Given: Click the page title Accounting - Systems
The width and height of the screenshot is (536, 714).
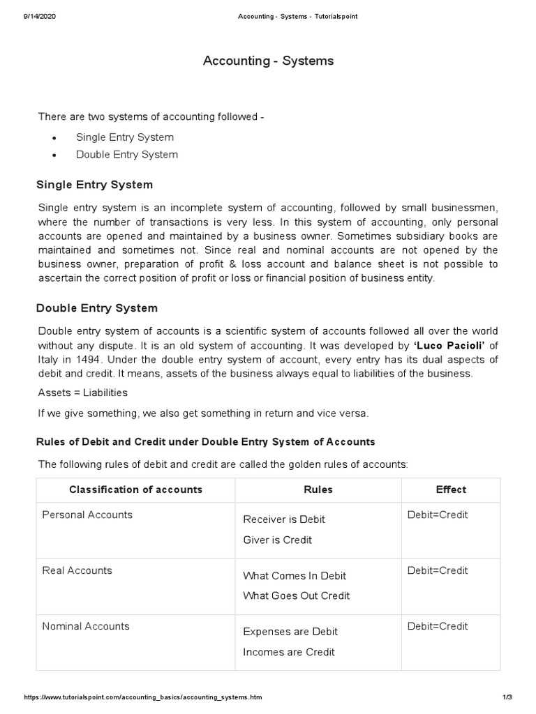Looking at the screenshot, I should (x=268, y=61).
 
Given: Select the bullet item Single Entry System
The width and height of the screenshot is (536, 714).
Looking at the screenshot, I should (x=125, y=137).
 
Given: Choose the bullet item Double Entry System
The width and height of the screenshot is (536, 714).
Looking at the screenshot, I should (x=127, y=155).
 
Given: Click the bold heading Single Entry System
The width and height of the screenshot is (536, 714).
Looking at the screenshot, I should (x=94, y=185).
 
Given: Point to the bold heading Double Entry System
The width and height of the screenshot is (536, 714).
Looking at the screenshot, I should (x=97, y=307).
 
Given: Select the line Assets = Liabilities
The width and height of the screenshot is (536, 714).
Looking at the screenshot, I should (x=83, y=393).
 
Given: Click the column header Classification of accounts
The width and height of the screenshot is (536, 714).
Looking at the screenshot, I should (x=135, y=489).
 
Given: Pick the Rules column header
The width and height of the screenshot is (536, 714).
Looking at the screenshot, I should (x=318, y=489).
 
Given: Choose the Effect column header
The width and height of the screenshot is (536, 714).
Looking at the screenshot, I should (x=451, y=489).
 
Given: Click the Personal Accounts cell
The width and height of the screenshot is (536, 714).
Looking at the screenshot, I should (x=87, y=515).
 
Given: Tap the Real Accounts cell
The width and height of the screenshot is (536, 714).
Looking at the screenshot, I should (x=77, y=570).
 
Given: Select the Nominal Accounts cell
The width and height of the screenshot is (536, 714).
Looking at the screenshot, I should (x=86, y=626).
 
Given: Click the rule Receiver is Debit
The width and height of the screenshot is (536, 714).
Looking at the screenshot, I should (x=284, y=519).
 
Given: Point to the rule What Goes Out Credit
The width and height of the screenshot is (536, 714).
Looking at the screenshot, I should (x=297, y=595).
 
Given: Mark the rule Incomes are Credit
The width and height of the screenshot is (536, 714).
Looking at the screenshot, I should (x=289, y=652).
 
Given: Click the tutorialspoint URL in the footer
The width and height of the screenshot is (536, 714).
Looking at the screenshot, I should (x=143, y=697).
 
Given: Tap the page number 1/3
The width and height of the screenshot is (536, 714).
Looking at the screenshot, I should (x=507, y=697).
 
